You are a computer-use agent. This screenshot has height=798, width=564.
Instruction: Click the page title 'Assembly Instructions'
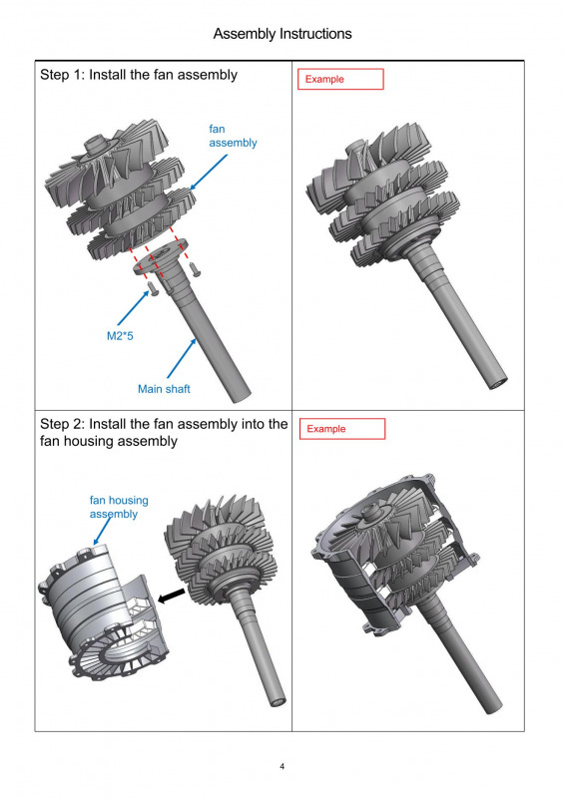pyautogui.click(x=282, y=34)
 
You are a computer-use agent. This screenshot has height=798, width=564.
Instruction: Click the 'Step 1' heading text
pyautogui.click(x=139, y=75)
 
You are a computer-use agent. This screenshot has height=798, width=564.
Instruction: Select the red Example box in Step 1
pyautogui.click(x=340, y=79)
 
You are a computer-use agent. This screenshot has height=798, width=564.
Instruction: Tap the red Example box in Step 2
pyautogui.click(x=341, y=429)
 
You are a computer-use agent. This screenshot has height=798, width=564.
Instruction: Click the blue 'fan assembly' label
pyautogui.click(x=233, y=136)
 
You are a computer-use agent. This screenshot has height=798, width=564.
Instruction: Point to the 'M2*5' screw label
pyautogui.click(x=120, y=336)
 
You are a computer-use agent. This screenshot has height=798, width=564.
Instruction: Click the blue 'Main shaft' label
pyautogui.click(x=164, y=389)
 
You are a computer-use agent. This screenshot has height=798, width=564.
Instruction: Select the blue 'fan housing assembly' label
pyautogui.click(x=119, y=507)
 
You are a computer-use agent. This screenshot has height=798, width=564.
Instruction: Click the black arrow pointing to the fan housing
pyautogui.click(x=171, y=596)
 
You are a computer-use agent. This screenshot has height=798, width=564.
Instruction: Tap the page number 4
pyautogui.click(x=282, y=766)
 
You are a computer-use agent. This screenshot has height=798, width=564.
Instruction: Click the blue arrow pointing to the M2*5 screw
pyautogui.click(x=134, y=307)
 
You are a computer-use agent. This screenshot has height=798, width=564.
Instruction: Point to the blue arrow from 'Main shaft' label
pyautogui.click(x=182, y=358)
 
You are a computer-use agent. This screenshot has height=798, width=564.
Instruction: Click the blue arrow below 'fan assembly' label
pyautogui.click(x=209, y=172)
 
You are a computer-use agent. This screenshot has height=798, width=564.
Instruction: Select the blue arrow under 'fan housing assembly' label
pyautogui.click(x=103, y=531)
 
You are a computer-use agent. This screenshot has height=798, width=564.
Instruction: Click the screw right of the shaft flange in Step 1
pyautogui.click(x=195, y=268)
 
